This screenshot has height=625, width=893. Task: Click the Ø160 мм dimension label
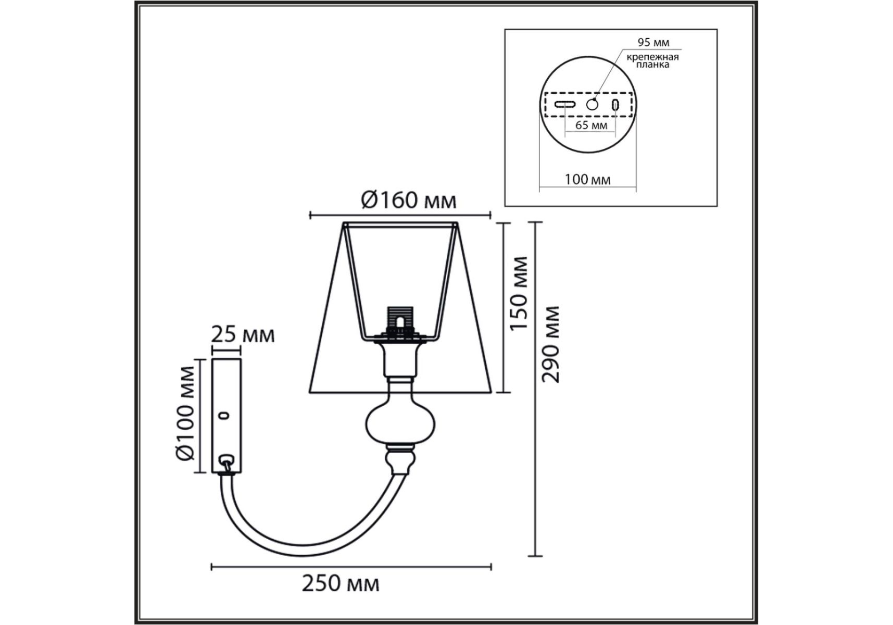pos(409,199)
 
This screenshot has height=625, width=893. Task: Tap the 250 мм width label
pos(341,583)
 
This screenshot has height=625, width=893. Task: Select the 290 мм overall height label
pos(550,344)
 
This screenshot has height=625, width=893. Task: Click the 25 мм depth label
pos(243,335)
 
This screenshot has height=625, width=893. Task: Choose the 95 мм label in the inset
pos(653,43)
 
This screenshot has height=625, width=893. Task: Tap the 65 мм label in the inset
pos(591,125)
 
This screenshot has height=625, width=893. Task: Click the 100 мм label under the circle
pos(587,180)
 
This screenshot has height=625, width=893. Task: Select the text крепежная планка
pos(652,61)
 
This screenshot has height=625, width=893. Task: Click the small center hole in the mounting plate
pos(592,104)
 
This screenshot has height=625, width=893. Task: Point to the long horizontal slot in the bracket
pos(564,104)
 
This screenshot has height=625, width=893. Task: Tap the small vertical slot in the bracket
pos(615,104)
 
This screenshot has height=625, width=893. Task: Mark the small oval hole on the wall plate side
pos(224,416)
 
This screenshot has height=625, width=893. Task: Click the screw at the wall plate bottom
pos(226,463)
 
